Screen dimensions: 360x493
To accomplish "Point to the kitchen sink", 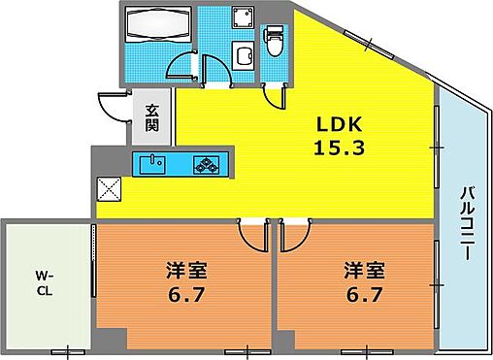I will [x=152, y=161].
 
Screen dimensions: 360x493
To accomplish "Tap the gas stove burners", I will [x=208, y=162].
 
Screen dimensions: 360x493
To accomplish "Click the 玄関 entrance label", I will [x=153, y=117].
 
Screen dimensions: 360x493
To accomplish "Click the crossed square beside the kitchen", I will [x=106, y=186].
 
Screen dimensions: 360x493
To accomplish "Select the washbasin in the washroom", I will [x=245, y=54].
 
